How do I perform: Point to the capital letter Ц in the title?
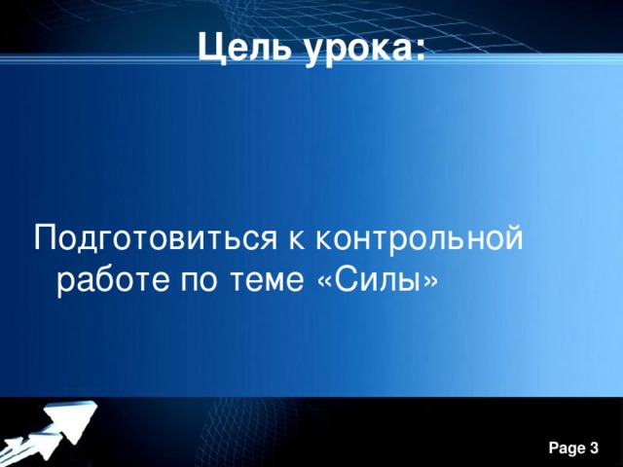tap(209, 46)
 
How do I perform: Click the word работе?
tap(110, 282)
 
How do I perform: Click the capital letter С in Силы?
tap(347, 282)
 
